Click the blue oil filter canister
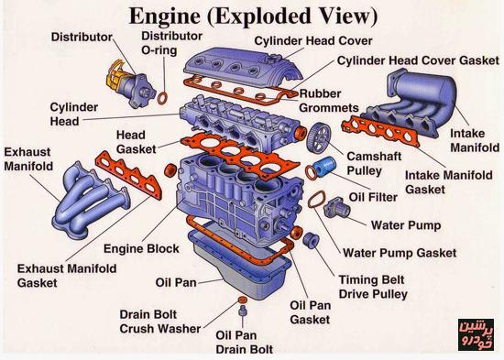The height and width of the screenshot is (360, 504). coord(324,167)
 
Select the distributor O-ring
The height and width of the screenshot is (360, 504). coord(162,98)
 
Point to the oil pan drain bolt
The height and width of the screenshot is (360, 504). coord(242,311)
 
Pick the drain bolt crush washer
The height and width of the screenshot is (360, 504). coord(243,300)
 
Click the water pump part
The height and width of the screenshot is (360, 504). coord(336,207)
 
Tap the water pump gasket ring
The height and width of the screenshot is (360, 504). coord(317,200)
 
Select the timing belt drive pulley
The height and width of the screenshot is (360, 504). coord(311,240)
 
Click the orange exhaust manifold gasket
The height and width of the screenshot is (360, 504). coord(128,174)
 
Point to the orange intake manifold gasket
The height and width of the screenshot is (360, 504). coord(380,131)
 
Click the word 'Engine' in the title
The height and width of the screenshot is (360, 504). coord(164,16)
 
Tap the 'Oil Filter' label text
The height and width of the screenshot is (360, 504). coord(373,197)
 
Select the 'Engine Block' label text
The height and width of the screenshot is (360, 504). coord(141,248)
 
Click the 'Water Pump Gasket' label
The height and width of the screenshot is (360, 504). coord(400,253)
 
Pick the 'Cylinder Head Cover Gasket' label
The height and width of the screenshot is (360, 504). coord(418,60)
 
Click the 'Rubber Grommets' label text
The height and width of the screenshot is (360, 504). coord(328,101)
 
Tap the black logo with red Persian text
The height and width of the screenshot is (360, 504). coord(476,334)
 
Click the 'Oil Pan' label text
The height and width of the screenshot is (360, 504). coord(176,282)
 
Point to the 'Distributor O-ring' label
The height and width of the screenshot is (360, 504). coord(171,43)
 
